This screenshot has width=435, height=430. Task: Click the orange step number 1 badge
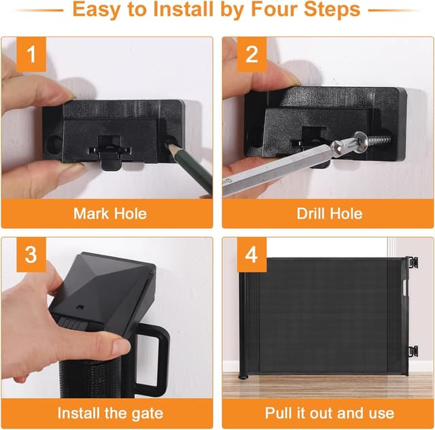(x=30, y=54)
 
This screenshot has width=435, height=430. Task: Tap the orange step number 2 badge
(x=251, y=54)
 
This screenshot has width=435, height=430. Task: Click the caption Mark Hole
(x=109, y=213)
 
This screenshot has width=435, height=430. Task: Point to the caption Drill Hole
(x=329, y=213)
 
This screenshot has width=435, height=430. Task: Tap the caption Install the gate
(x=109, y=413)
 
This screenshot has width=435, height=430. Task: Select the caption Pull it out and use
(x=329, y=413)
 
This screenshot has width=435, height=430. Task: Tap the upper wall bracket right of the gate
(x=413, y=265)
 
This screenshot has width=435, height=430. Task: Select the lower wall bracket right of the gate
(x=413, y=351)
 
